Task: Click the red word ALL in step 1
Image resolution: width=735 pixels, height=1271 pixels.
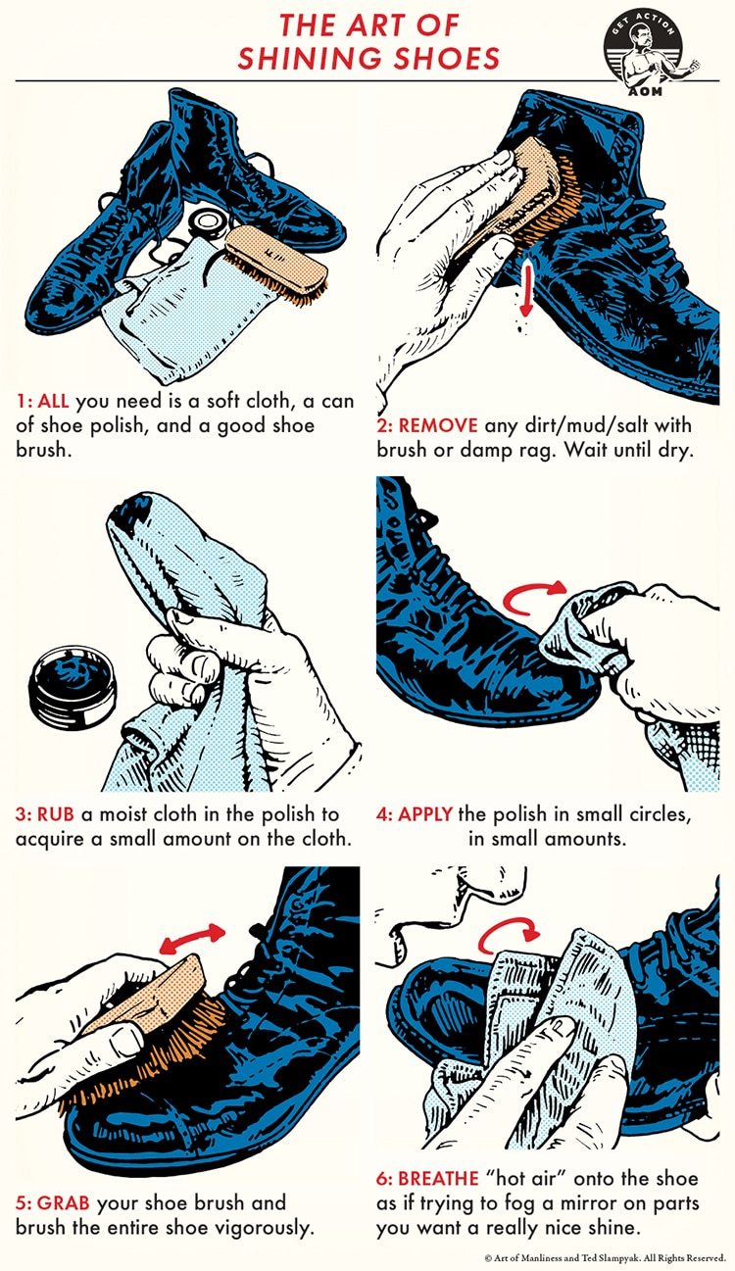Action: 53,401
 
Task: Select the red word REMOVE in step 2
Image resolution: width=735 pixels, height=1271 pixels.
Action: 438,425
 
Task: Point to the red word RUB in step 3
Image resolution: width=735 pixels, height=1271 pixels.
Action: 56,814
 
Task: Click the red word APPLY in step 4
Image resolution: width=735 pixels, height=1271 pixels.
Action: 425,814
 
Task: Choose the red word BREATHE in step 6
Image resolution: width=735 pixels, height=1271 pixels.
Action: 438,1179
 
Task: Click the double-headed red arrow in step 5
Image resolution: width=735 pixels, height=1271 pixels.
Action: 192,939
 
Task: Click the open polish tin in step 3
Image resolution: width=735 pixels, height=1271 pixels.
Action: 73,687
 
